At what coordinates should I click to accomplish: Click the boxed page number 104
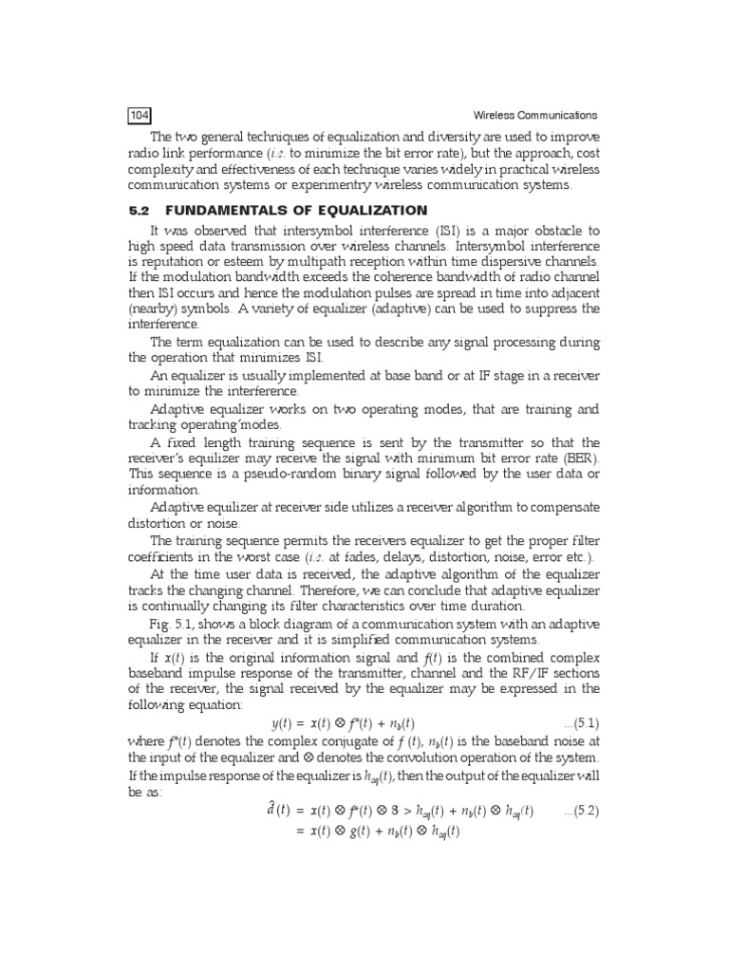pyautogui.click(x=140, y=116)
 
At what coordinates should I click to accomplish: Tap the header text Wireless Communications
pyautogui.click(x=535, y=116)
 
